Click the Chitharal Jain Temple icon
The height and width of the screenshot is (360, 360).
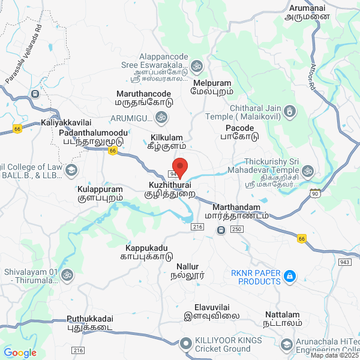pyautogui.click(x=290, y=112)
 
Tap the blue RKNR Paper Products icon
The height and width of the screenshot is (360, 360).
pyautogui.click(x=290, y=276)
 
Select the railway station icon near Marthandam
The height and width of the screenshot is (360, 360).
pyautogui.click(x=221, y=230)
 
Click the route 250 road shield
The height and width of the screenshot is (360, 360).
pyautogui.click(x=236, y=230)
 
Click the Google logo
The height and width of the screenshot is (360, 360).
pyautogui.click(x=20, y=353)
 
